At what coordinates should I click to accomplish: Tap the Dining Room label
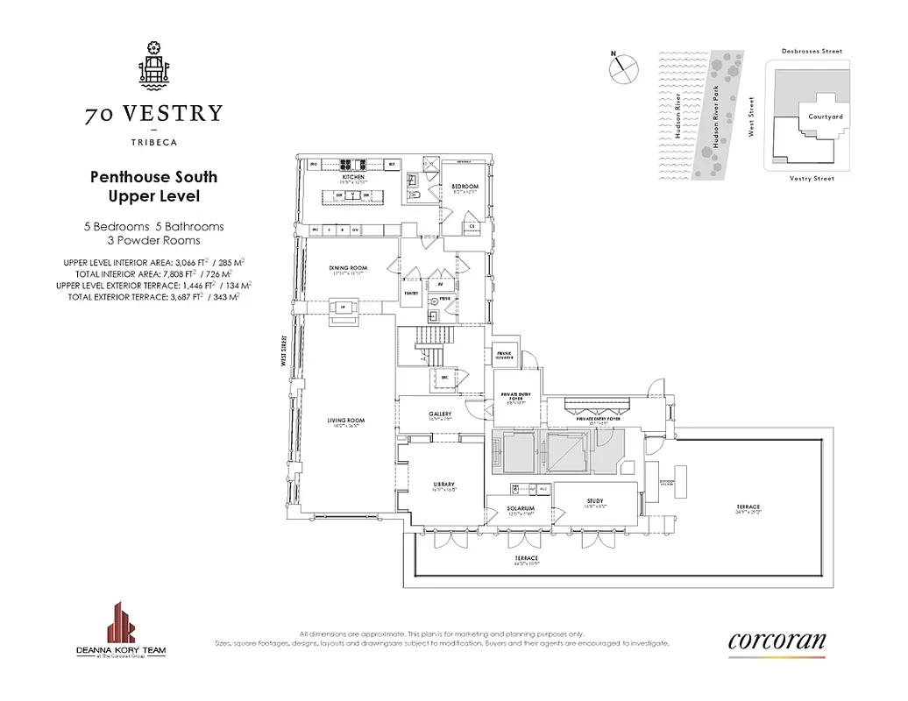pos(348,268)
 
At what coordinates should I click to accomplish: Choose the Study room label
pos(595,501)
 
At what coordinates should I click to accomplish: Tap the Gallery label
pos(440,414)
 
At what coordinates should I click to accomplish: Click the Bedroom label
pos(465,187)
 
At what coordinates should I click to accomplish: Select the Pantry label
pos(409,282)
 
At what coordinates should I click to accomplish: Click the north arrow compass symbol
pos(621,69)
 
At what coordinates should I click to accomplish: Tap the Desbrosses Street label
pos(812,52)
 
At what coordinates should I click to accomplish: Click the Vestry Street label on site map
pos(812,179)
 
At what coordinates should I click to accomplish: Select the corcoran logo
pos(777,641)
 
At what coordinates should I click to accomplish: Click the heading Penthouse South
pos(153,177)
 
